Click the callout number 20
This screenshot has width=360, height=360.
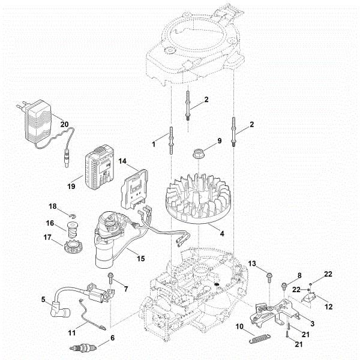64,124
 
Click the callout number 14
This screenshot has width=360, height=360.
122,161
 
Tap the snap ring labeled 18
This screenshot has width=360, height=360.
70,217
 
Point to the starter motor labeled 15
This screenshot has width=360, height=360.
111,240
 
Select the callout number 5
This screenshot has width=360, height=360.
43,298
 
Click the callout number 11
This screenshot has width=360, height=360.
71,331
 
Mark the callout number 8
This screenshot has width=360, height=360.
300,276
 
